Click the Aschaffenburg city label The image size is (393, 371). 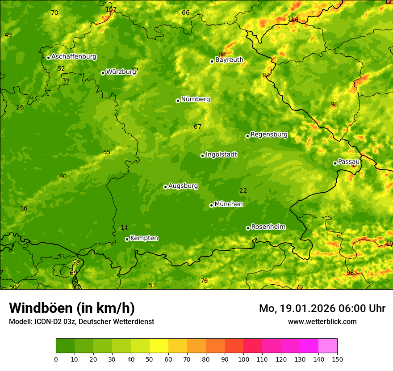pos(74,57)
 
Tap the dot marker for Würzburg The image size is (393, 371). pos(103,73)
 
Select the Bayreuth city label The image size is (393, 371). pos(229,60)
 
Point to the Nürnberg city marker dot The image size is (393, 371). pos(178,101)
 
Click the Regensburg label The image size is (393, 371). pos(269,135)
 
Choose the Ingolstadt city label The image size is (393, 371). pos(221,155)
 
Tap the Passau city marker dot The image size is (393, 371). pos(335,163)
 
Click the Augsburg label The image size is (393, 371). pos(183,186)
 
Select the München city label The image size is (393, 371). pos(229,204)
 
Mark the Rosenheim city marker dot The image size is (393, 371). pos(248,228)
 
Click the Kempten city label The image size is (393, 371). pos(144,238)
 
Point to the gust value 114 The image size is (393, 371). pos(293,19)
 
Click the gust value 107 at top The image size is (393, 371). pos(111,9)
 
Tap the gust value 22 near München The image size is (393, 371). pos(243,191)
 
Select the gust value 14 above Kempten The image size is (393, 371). pos(124,228)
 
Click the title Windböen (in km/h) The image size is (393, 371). pos(72,308)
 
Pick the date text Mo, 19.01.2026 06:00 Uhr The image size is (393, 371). pos(322,308)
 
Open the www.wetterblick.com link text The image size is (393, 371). pos(322,321)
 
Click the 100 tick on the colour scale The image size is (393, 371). pos(243,359)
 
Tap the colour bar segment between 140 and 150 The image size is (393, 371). pos(328,346)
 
